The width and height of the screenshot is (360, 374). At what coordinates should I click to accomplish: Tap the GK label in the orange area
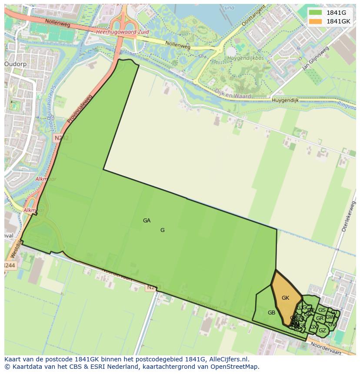(285, 298)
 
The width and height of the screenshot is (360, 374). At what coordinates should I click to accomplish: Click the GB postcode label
(271, 313)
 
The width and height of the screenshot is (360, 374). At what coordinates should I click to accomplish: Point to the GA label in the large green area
(147, 221)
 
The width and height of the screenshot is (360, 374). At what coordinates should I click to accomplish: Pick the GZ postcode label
(322, 331)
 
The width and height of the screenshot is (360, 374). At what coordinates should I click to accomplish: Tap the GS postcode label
(322, 310)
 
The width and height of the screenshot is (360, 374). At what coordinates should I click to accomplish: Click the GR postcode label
(320, 318)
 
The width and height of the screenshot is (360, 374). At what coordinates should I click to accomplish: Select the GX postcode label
(313, 327)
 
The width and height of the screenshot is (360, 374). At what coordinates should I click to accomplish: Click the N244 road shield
(9, 265)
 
